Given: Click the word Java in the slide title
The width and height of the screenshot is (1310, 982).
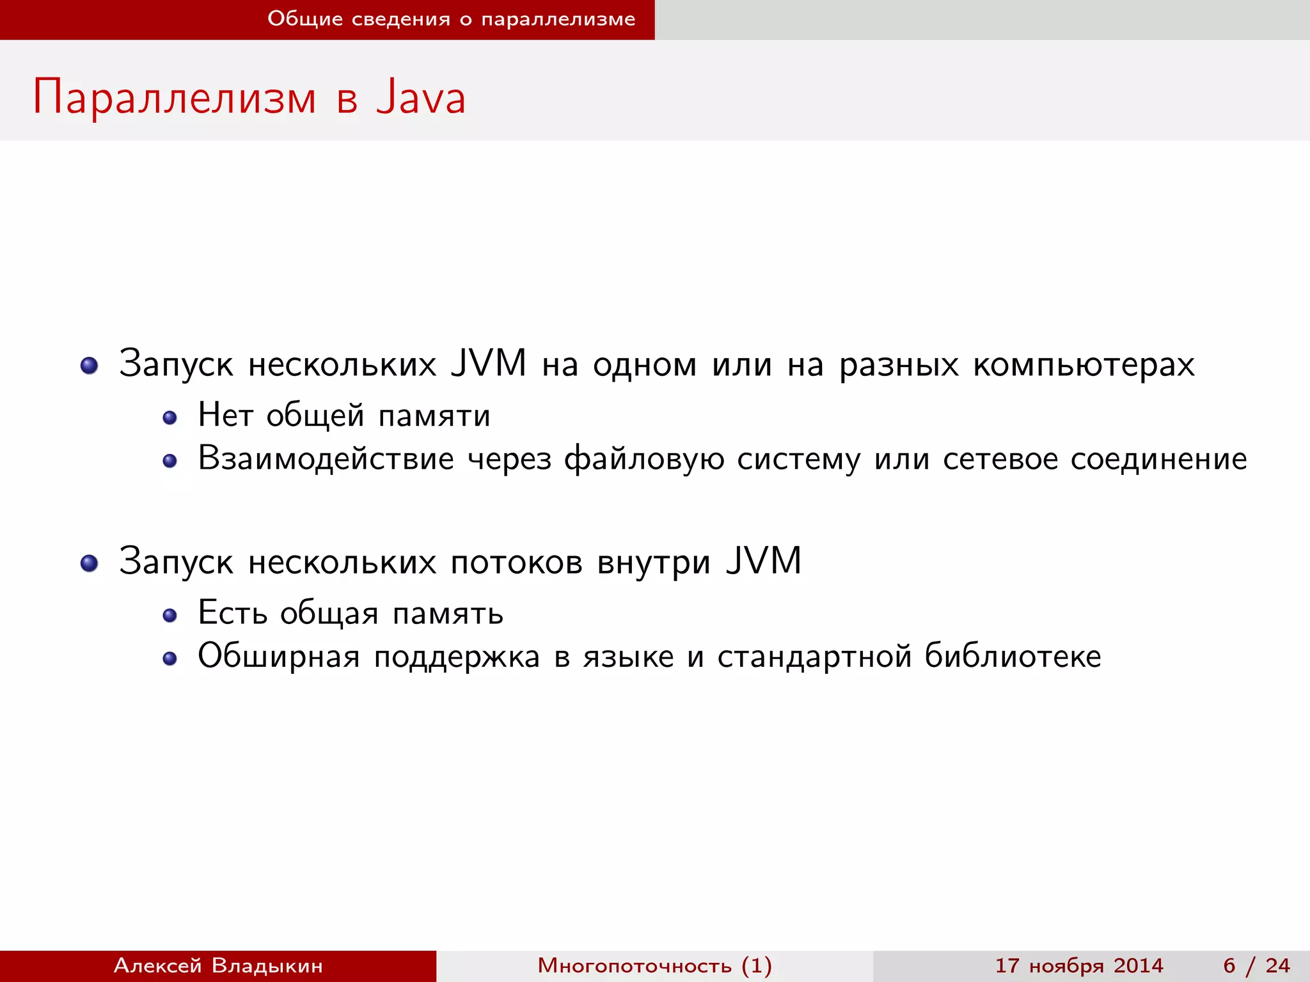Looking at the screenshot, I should (421, 98).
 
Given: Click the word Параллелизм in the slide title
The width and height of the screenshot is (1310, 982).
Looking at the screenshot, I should (175, 98).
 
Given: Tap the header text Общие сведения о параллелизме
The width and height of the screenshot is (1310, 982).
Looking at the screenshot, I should (451, 19).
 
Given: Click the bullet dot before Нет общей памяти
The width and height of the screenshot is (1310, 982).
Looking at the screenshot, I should (170, 418).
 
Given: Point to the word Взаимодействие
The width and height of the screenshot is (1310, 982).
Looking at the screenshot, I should (326, 459).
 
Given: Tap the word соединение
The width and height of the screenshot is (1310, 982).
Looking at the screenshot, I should (1158, 459).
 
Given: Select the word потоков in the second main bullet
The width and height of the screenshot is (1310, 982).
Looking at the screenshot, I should (516, 563).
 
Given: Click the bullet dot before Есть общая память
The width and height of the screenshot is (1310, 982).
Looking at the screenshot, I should (170, 616).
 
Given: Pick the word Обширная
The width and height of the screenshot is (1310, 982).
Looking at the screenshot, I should (279, 657).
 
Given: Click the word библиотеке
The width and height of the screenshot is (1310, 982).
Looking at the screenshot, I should (1013, 656).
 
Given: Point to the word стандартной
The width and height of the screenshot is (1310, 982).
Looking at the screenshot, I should (814, 657).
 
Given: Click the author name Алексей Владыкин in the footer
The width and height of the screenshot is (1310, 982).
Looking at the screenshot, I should (218, 965).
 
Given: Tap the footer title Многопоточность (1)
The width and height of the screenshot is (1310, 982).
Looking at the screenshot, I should (654, 965).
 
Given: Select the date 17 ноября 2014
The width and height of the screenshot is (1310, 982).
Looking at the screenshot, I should (1078, 965).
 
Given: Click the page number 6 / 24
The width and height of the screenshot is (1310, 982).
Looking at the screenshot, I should (1256, 965).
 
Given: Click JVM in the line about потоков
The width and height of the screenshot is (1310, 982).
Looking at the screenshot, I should (763, 561).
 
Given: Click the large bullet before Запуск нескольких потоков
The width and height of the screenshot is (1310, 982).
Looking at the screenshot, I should (90, 563).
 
